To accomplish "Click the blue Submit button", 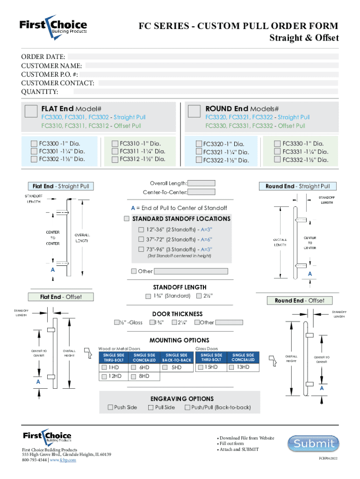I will pyautogui.click(x=311, y=443).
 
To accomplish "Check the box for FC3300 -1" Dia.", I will pyautogui.click(x=34, y=144).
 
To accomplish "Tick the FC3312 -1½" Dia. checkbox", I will pyautogui.click(x=115, y=159).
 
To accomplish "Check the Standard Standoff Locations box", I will pyautogui.click(x=127, y=218).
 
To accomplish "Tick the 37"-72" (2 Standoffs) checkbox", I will pyautogui.click(x=141, y=239).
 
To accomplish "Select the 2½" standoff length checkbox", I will pyautogui.click(x=199, y=296).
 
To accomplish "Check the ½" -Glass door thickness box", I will pyautogui.click(x=117, y=322).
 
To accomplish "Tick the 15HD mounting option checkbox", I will pyautogui.click(x=201, y=367).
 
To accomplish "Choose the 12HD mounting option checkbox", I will pyautogui.click(x=104, y=376).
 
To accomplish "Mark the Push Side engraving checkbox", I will pyautogui.click(x=110, y=407).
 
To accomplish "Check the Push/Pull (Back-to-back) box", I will pyautogui.click(x=187, y=407).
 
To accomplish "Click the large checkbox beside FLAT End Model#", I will pyautogui.click(x=31, y=111).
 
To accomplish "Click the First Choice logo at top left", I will pyautogui.click(x=53, y=26).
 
